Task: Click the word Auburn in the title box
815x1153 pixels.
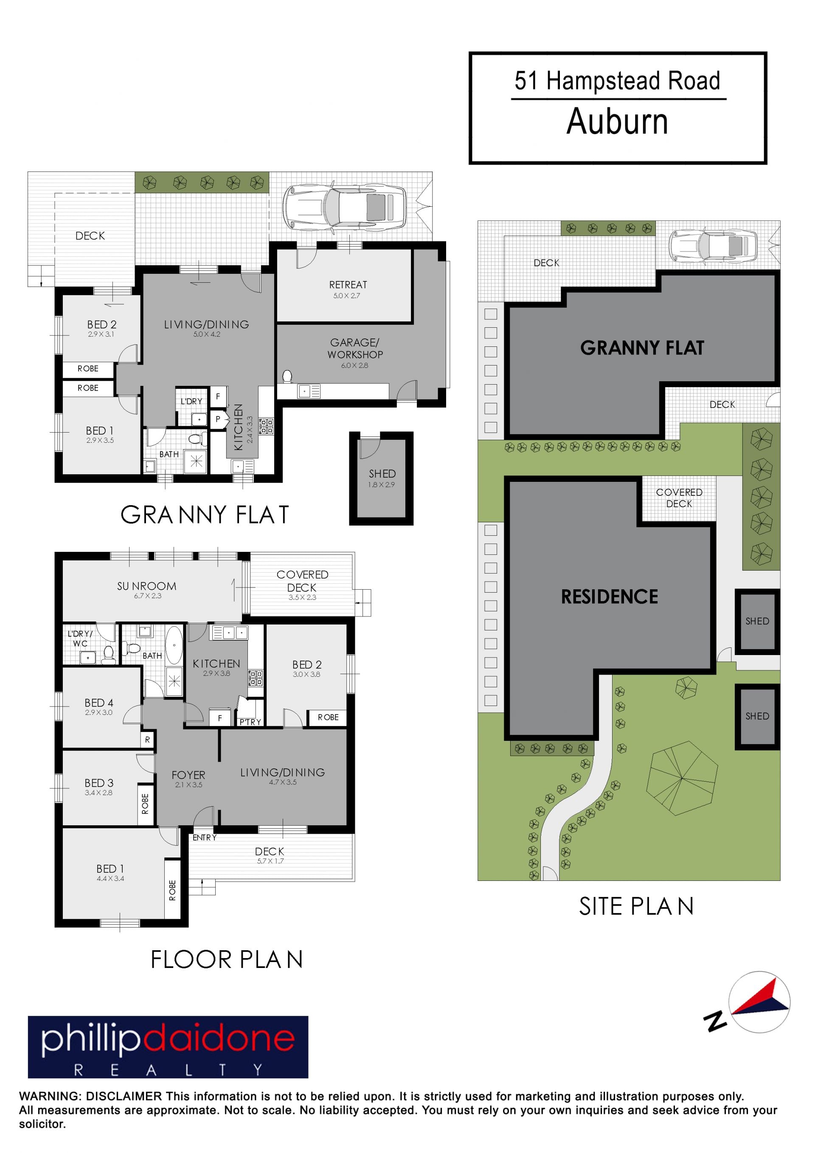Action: (617, 121)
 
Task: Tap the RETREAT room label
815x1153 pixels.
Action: (348, 285)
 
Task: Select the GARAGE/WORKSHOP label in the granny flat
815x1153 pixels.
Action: (355, 349)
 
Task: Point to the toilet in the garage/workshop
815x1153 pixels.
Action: (287, 377)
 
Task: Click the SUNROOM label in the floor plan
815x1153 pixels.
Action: (146, 586)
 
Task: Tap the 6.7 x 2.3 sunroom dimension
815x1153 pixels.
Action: (148, 596)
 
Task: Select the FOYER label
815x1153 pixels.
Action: (188, 775)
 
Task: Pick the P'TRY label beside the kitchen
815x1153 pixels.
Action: (250, 722)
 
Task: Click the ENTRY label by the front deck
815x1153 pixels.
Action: (204, 838)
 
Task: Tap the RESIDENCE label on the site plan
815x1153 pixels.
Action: (609, 596)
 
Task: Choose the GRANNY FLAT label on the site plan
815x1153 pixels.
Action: (642, 348)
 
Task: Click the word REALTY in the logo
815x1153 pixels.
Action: (168, 1070)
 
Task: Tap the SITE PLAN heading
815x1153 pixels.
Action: (636, 906)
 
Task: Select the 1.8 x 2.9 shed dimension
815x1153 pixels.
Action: (381, 485)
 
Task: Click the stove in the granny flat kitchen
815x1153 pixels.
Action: (266, 426)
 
